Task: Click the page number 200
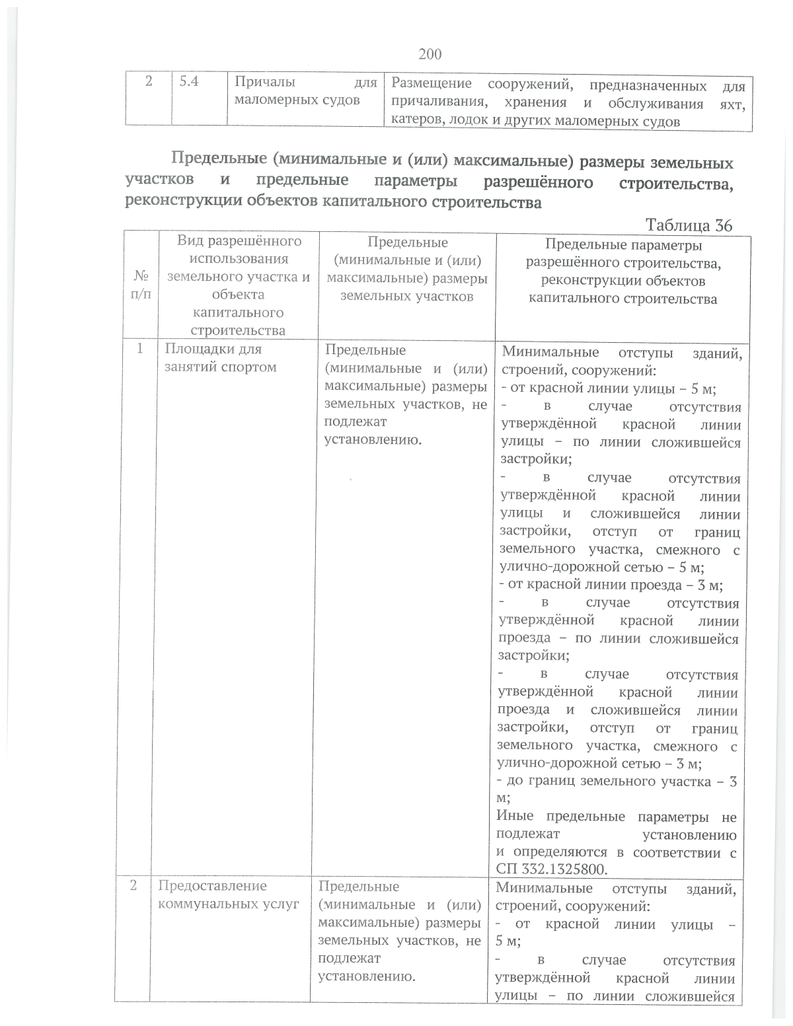point(430,54)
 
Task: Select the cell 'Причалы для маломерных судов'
point(304,92)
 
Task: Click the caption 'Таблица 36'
point(689,225)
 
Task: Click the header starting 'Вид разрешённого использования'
point(238,285)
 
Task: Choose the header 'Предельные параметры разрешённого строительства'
point(623,272)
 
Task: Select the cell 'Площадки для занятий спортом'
point(220,357)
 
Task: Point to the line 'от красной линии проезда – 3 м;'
point(611,585)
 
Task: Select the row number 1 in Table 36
point(140,349)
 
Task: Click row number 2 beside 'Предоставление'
point(133,886)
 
